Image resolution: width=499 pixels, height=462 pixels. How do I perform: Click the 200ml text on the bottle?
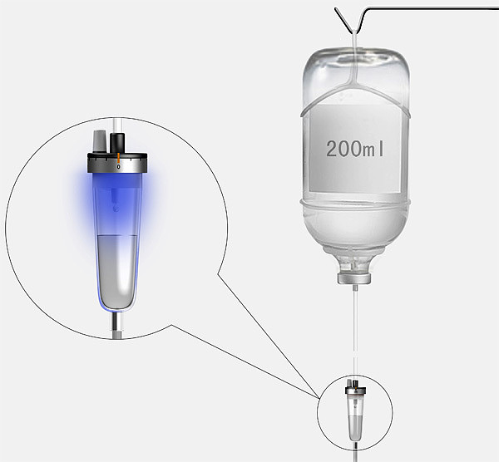pyautogui.click(x=355, y=149)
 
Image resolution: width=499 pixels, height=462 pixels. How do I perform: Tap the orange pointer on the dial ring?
pyautogui.click(x=118, y=158)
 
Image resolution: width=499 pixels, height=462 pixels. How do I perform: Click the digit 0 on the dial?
pyautogui.click(x=118, y=167)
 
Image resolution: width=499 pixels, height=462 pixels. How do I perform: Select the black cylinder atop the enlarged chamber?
pyautogui.click(x=117, y=143)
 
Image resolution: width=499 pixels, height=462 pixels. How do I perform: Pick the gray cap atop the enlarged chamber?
pyautogui.click(x=100, y=141)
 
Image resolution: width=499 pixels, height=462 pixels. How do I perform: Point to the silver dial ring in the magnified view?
pyautogui.click(x=117, y=163)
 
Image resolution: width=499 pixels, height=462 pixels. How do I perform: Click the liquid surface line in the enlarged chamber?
pyautogui.click(x=117, y=235)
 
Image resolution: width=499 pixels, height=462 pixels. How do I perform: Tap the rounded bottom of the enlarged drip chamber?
pyautogui.click(x=116, y=303)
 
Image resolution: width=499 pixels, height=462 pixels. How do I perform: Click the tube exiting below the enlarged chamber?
pyautogui.click(x=116, y=325)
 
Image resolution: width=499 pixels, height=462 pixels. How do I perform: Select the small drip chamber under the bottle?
pyautogui.click(x=355, y=410)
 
